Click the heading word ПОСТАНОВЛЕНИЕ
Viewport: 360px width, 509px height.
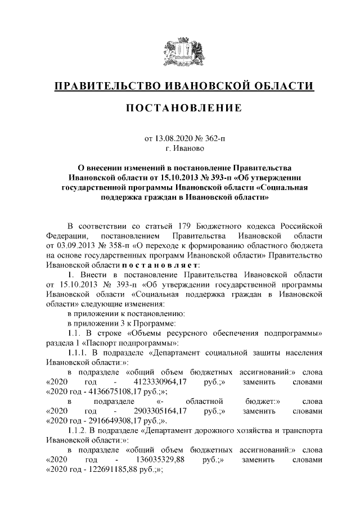click(x=179, y=107)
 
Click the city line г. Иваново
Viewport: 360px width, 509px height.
click(x=179, y=148)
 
